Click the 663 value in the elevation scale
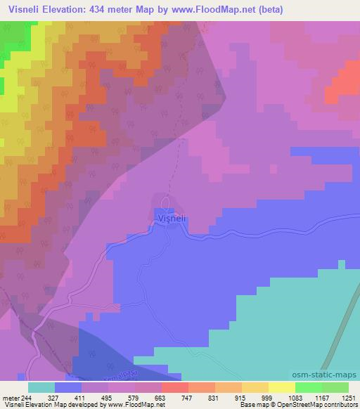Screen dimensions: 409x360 (160, 398)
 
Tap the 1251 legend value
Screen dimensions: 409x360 (349, 398)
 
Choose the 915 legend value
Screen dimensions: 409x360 (240, 398)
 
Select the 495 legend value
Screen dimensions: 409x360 (106, 398)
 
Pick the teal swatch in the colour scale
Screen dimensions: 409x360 (41, 387)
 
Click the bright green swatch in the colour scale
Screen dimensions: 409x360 (309, 387)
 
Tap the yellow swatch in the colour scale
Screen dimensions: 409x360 (255, 387)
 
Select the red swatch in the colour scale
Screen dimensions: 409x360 (175, 387)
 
